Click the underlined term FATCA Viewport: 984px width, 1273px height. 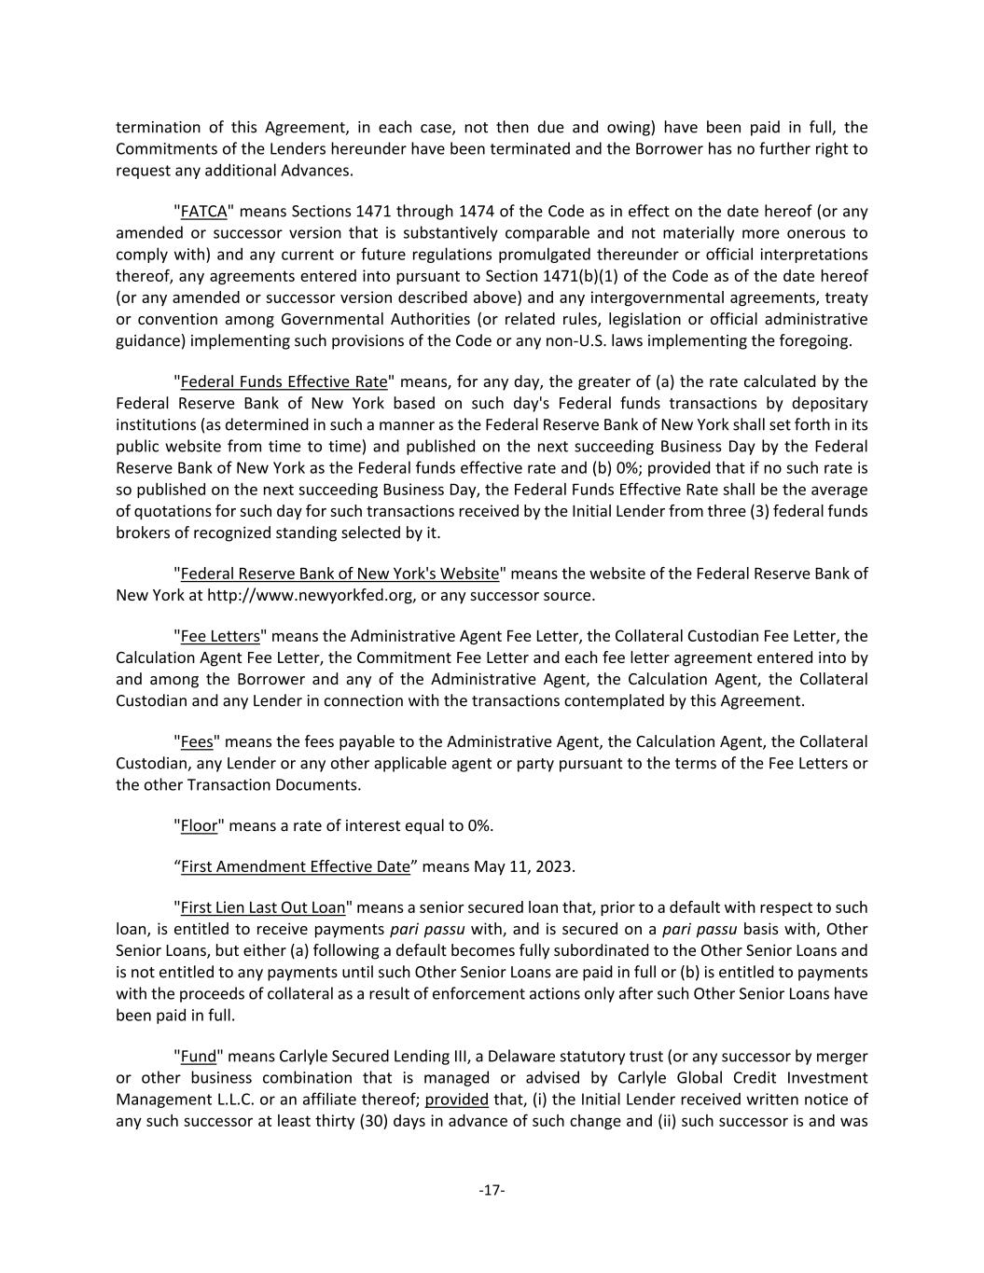click(x=203, y=212)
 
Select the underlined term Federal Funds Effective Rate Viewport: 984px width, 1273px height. click(x=284, y=381)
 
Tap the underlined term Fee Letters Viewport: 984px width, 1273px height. click(x=220, y=636)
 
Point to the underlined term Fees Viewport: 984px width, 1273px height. click(x=197, y=741)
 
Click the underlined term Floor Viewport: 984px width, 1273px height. click(x=199, y=825)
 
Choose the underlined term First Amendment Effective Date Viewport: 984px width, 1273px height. click(x=295, y=866)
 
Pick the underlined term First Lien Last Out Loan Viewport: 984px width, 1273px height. click(x=263, y=907)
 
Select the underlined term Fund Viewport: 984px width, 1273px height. click(x=199, y=1056)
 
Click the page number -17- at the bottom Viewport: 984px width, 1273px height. click(x=492, y=1190)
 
